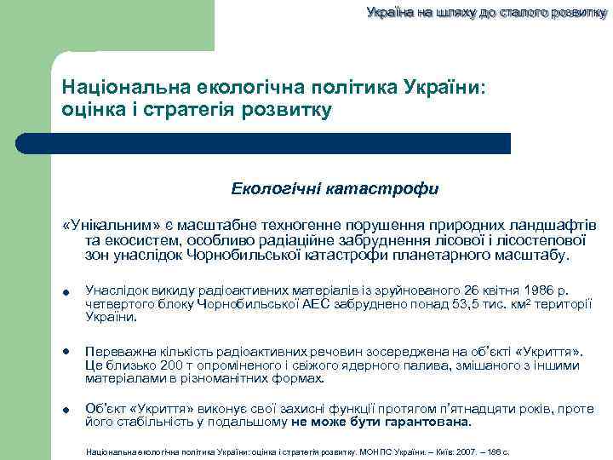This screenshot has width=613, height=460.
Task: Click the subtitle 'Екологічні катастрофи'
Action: tap(335, 188)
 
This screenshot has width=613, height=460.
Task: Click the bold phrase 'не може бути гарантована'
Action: tap(381, 423)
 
